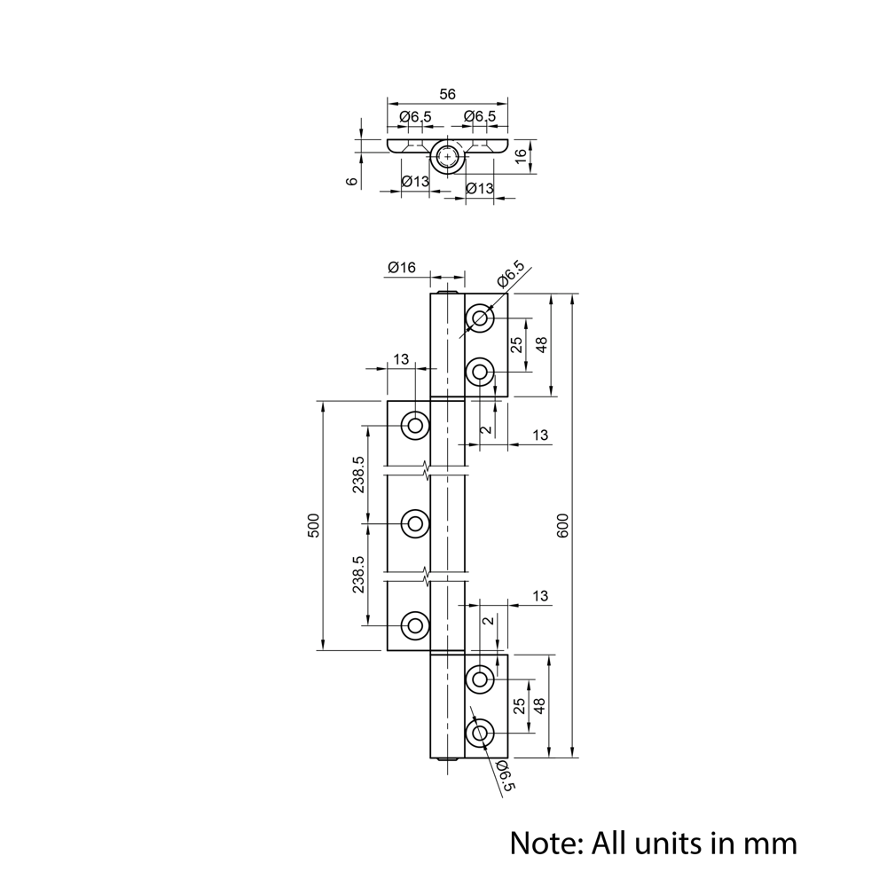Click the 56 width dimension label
[x=447, y=94]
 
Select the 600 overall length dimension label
[x=562, y=525]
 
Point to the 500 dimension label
[x=314, y=525]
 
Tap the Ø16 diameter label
[x=402, y=267]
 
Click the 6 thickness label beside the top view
[x=352, y=181]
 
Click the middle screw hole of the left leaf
[x=415, y=524]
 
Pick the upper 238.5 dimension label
[x=358, y=474]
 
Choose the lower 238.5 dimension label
[x=358, y=574]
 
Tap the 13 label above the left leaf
[x=401, y=359]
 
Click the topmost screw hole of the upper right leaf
[x=480, y=318]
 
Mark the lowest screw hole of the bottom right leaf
[x=480, y=734]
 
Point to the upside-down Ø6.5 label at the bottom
[x=505, y=775]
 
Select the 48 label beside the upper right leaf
[x=541, y=344]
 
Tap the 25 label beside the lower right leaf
[x=518, y=706]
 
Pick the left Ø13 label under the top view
[x=415, y=182]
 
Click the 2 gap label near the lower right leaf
[x=488, y=621]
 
